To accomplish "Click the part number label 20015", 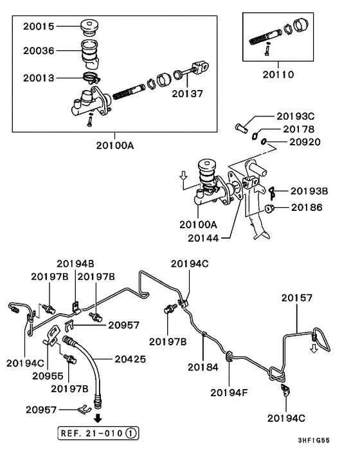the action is point(39,26).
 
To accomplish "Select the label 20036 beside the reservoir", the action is point(39,51).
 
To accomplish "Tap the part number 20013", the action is point(39,78).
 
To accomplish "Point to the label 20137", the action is point(187,93).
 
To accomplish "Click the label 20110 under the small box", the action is point(278,75).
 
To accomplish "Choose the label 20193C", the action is point(296,116).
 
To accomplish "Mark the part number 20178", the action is point(299,129).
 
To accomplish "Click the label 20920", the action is point(305,142).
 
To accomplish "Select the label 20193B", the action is point(309,191).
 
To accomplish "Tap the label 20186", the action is point(307,207).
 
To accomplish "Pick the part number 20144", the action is point(203,238).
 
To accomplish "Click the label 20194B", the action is point(75,264).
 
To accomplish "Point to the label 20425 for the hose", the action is point(130,359).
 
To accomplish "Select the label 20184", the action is point(203,367).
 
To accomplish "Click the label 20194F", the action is point(229,393).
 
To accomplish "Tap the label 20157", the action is point(297,298).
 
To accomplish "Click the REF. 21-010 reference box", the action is point(98,433).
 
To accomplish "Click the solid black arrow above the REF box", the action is point(98,418).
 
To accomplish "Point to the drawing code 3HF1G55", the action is point(314,440).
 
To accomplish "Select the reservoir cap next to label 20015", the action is point(89,28).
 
